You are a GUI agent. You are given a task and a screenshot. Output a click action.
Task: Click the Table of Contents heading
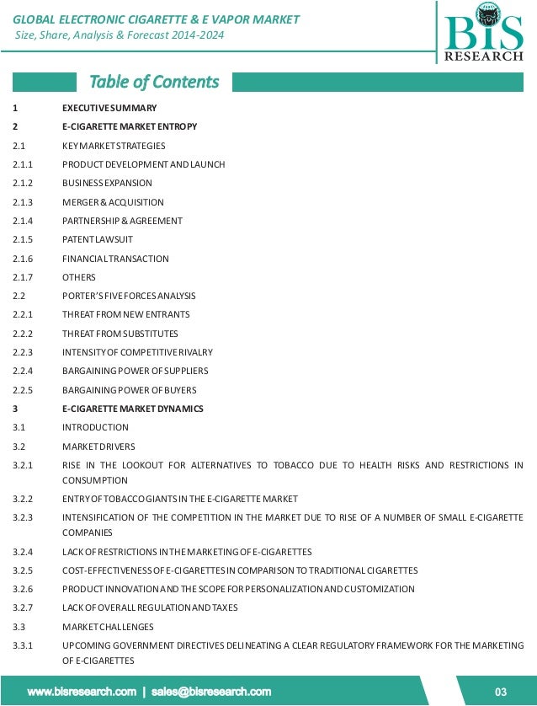[x=154, y=82]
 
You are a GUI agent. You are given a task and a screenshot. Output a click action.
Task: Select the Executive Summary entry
[x=109, y=108]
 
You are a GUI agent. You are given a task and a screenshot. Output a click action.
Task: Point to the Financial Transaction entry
[x=115, y=259]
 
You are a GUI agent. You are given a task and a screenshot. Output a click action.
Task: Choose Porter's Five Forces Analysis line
[x=129, y=296]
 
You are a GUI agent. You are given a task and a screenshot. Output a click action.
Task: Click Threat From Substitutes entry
[x=120, y=334]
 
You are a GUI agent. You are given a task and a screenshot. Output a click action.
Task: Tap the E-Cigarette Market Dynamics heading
[x=132, y=409]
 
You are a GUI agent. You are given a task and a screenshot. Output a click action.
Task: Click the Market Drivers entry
[x=98, y=447]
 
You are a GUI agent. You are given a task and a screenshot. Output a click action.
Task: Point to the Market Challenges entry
[x=108, y=627]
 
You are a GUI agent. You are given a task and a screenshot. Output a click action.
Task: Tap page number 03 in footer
[x=500, y=692]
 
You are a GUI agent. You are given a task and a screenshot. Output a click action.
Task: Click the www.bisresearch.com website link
[x=82, y=692]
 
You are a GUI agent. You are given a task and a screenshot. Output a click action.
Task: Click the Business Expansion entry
[x=107, y=183]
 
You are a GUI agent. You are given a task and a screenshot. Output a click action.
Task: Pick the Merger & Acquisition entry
[x=113, y=202]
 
